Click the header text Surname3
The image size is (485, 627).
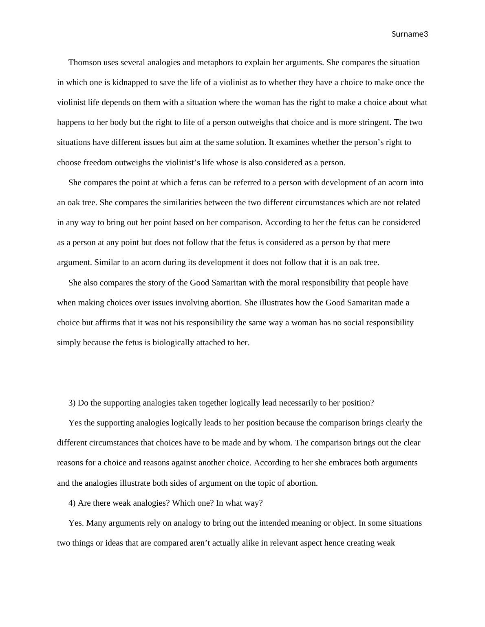pyautogui.click(x=410, y=34)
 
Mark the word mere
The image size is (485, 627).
pyautogui.click(x=381, y=243)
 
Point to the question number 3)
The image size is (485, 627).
pyautogui.click(x=72, y=403)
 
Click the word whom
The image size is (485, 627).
pyautogui.click(x=280, y=443)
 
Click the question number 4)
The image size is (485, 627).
pyautogui.click(x=72, y=503)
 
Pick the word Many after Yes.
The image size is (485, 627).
pyautogui.click(x=96, y=523)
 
